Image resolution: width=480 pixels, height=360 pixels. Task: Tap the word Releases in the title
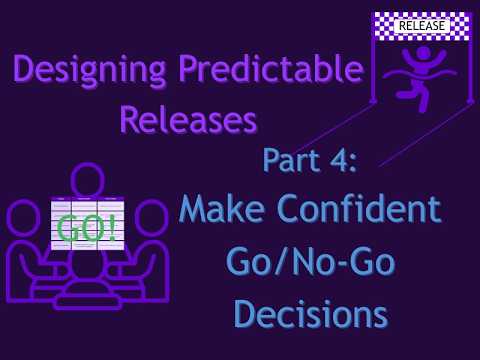188,121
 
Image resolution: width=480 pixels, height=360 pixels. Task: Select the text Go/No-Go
310,262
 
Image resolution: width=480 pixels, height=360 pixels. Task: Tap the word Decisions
310,312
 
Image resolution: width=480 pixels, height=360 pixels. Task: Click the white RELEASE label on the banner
421,25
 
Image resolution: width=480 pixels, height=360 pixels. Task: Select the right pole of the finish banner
467,70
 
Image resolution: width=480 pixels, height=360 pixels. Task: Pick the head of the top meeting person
86,180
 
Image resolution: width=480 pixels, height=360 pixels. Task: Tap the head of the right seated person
150,217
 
